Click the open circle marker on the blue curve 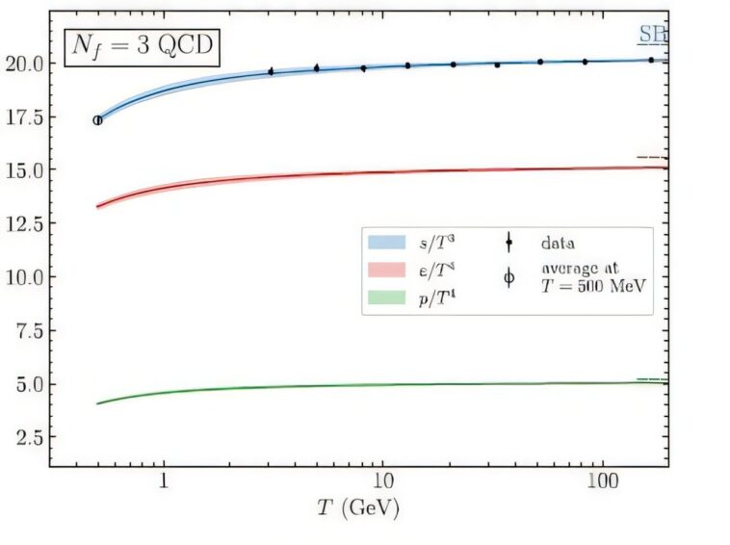coord(97,120)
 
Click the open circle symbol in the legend coord(509,278)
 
